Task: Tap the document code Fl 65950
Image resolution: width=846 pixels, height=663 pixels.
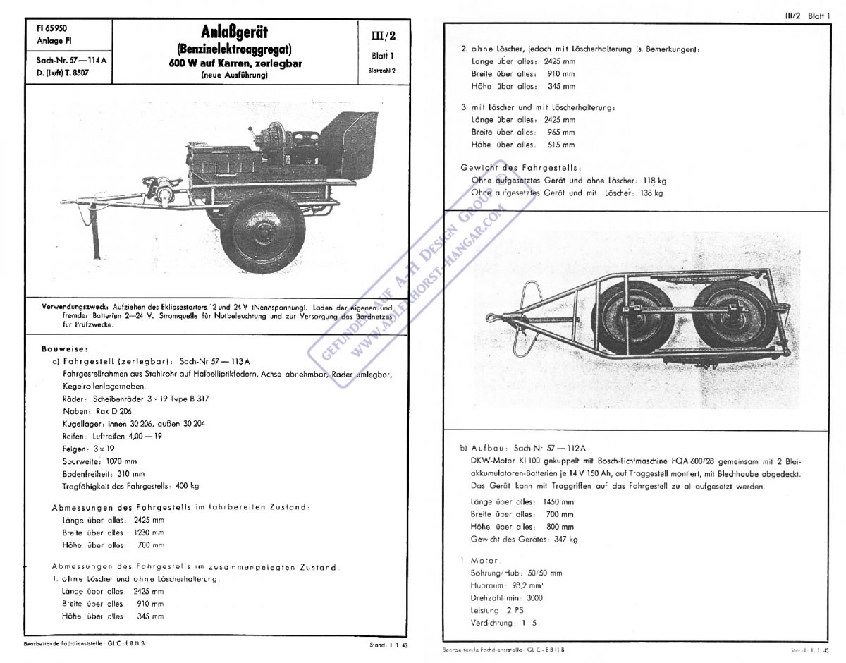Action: (x=51, y=30)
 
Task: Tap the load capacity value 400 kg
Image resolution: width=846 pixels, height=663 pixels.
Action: (x=186, y=486)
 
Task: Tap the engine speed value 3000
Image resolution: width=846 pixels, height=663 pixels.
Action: (x=534, y=598)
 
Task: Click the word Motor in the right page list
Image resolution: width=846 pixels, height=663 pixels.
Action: (x=484, y=560)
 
